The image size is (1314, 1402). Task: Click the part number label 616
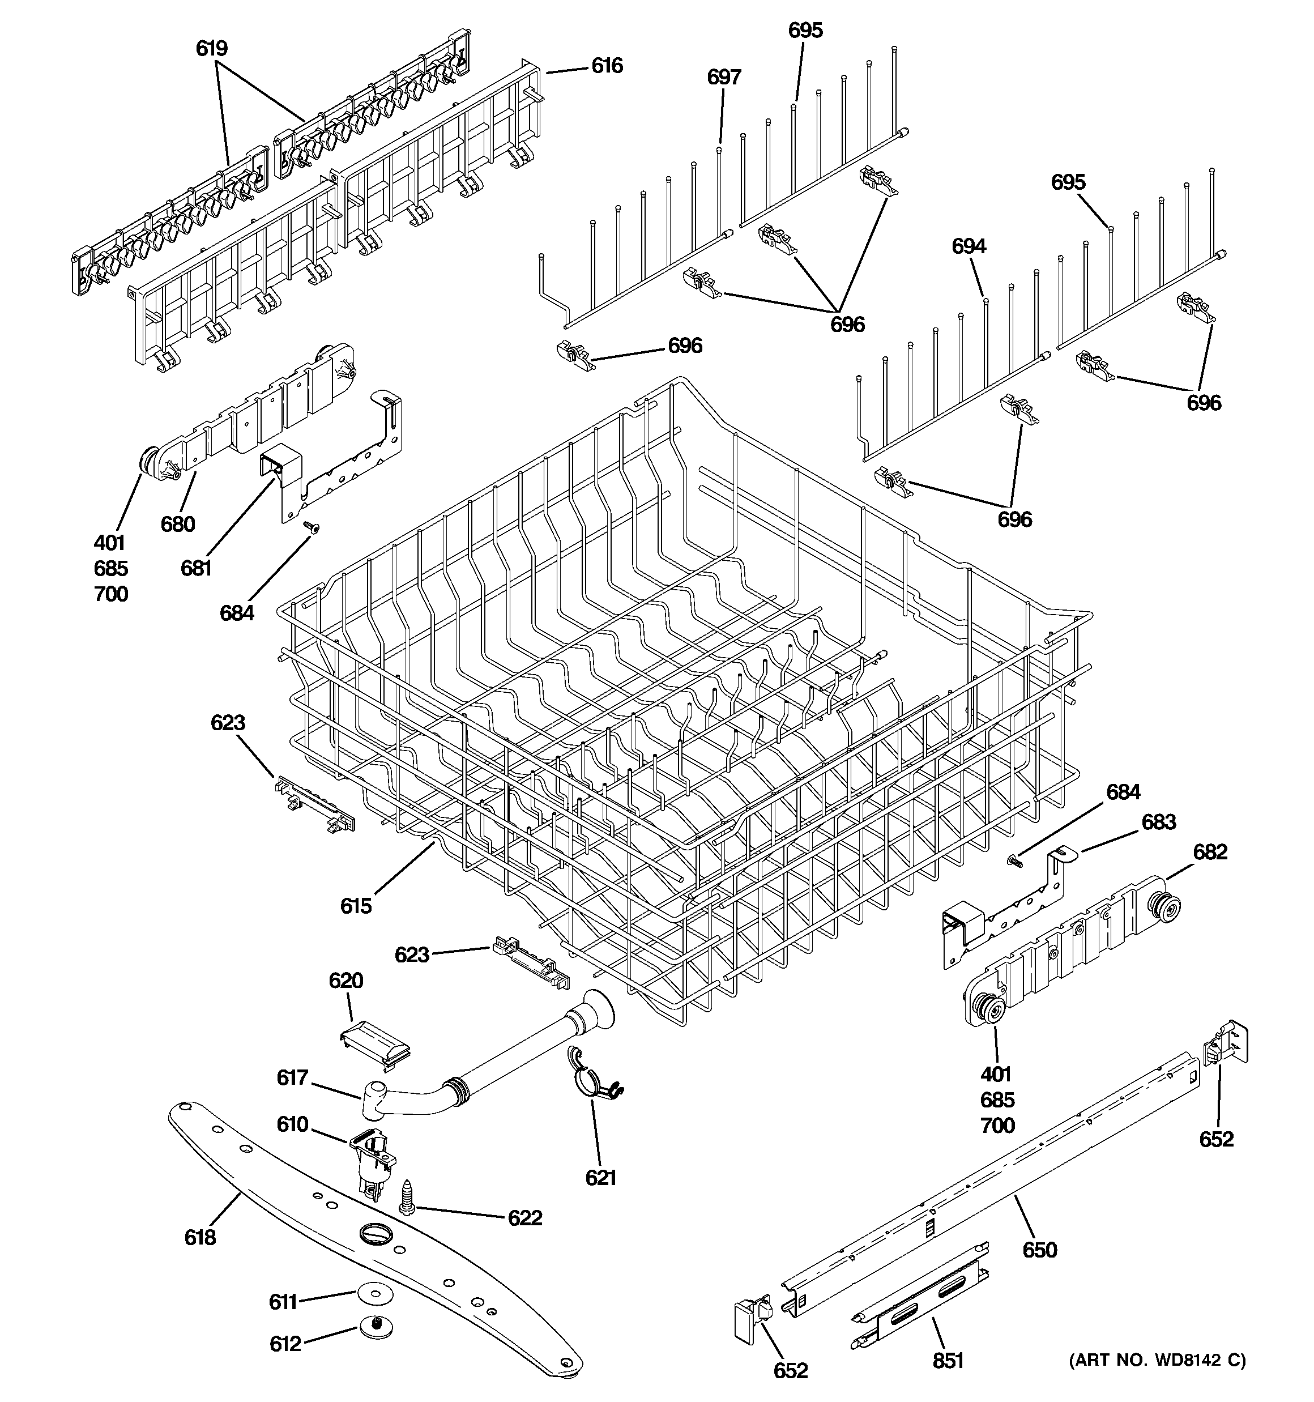(607, 66)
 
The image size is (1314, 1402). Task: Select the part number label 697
(724, 78)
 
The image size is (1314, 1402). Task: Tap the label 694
(969, 246)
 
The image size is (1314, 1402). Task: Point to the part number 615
(356, 906)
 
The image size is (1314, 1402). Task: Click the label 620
(345, 981)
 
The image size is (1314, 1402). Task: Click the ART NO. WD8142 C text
(1157, 1360)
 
